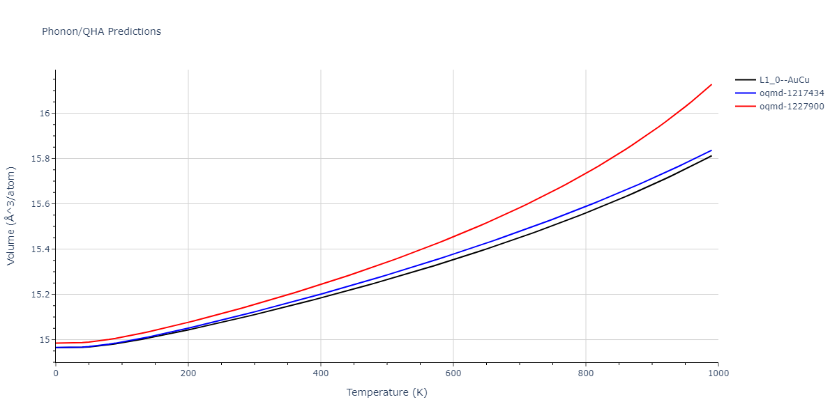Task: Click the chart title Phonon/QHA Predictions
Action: (101, 31)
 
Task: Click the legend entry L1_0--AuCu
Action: (785, 79)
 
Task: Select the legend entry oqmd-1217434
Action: (792, 93)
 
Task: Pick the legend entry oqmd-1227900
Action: (792, 107)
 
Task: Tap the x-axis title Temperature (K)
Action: (386, 392)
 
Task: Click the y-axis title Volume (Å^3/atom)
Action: (11, 215)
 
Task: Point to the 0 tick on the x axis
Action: (56, 373)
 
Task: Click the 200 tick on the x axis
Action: (188, 373)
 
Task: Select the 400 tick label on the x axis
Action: (321, 373)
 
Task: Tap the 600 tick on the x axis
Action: (453, 373)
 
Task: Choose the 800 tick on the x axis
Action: (586, 373)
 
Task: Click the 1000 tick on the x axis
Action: (718, 373)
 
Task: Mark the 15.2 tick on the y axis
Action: (39, 295)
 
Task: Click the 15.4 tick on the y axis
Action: (39, 249)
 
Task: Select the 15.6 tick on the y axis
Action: (39, 204)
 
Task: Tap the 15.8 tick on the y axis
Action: (39, 159)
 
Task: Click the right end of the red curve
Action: (711, 84)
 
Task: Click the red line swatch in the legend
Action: (746, 107)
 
